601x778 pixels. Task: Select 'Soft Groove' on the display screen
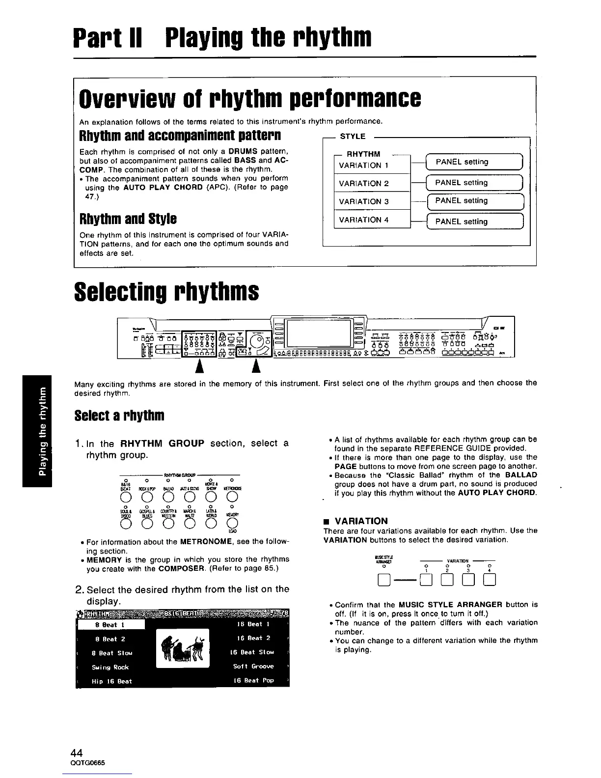point(253,667)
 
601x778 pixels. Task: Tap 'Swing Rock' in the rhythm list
point(110,667)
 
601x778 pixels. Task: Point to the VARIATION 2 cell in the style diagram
point(371,183)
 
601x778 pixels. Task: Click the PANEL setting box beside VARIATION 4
point(475,222)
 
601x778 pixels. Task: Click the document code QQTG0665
point(88,763)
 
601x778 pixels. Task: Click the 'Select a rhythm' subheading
point(119,416)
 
